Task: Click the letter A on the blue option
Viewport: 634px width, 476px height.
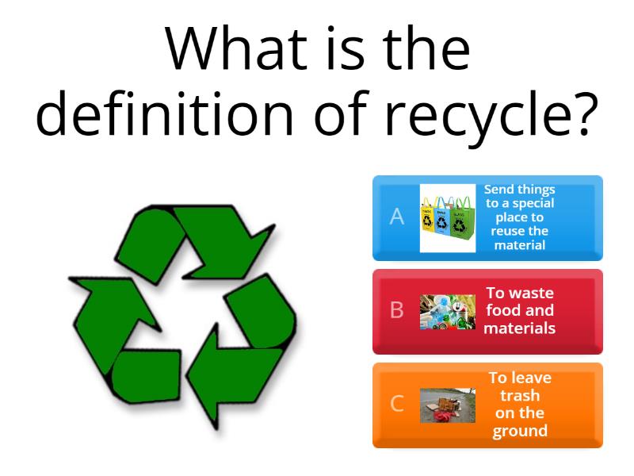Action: click(x=397, y=217)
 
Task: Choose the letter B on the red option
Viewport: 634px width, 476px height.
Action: click(x=397, y=310)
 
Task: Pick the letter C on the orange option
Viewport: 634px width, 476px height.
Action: click(x=397, y=404)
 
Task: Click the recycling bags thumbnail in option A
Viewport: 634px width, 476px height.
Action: click(x=447, y=218)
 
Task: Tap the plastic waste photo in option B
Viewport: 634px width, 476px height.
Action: click(x=447, y=312)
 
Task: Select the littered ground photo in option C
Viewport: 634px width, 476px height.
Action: click(x=447, y=405)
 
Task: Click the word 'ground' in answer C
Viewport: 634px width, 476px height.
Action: click(x=520, y=431)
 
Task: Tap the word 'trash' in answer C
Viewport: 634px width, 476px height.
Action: click(x=520, y=395)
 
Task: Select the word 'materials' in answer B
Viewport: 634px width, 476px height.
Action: click(x=520, y=328)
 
